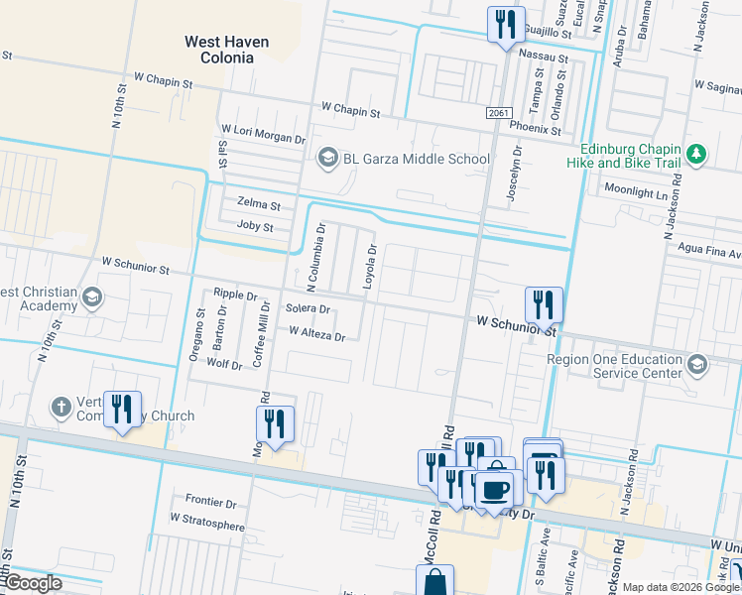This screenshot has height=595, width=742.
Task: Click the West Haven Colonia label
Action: [x=219, y=50]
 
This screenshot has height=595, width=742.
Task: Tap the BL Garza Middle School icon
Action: [x=326, y=159]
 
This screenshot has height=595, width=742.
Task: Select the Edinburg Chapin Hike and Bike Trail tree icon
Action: [x=697, y=154]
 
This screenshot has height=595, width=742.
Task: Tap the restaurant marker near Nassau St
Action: [x=506, y=24]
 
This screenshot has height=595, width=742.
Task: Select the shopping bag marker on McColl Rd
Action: [x=434, y=582]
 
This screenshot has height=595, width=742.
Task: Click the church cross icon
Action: [x=62, y=407]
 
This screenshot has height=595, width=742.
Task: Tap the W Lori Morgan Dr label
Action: [x=263, y=130]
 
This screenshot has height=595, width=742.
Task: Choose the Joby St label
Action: [x=255, y=226]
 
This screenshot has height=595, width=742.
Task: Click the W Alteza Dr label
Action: [x=316, y=335]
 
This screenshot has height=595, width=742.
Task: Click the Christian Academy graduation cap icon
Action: [x=92, y=297]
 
